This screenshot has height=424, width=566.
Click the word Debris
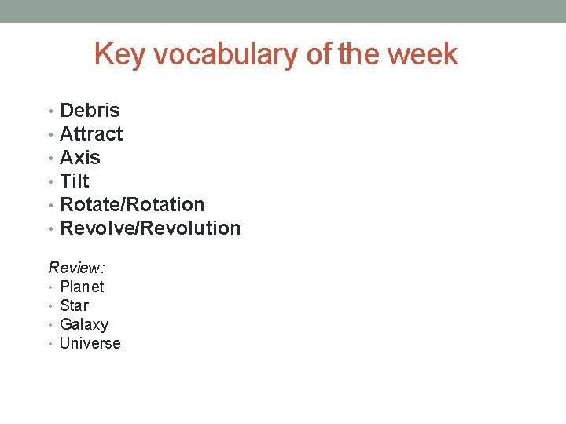(90, 111)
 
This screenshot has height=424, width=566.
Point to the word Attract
(91, 134)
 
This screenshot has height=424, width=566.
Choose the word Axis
(80, 158)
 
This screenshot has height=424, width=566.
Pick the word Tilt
(75, 181)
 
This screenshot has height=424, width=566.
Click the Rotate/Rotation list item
(132, 205)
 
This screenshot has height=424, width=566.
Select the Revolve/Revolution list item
(150, 228)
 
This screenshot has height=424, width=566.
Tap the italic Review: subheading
(77, 268)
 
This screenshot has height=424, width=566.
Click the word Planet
(82, 287)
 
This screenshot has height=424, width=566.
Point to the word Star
(74, 305)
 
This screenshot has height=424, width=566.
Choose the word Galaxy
(84, 324)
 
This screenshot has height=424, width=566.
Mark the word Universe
(90, 343)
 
